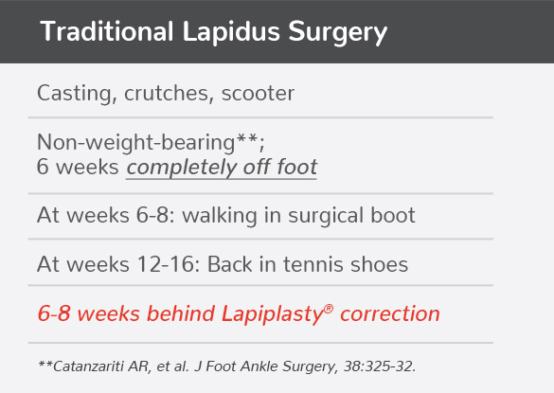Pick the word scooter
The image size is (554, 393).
258,94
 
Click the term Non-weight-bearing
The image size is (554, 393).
134,143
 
